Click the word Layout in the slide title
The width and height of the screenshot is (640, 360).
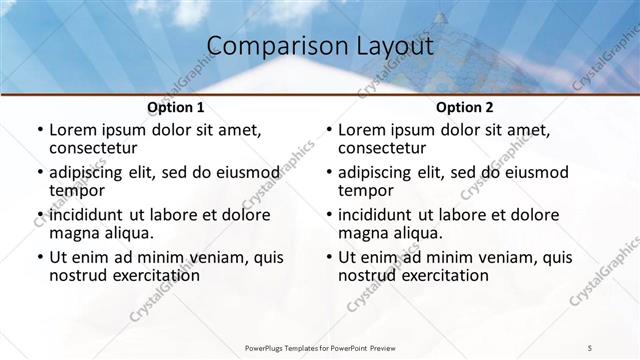tap(395, 46)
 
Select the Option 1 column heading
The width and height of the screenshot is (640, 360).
tap(176, 107)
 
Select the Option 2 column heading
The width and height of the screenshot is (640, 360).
tap(465, 107)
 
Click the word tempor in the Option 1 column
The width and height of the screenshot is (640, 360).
tap(76, 189)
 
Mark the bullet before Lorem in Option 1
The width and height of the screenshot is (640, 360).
tap(39, 130)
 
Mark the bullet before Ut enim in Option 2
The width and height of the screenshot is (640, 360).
tap(328, 257)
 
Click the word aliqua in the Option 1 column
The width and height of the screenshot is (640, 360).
tap(125, 232)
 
